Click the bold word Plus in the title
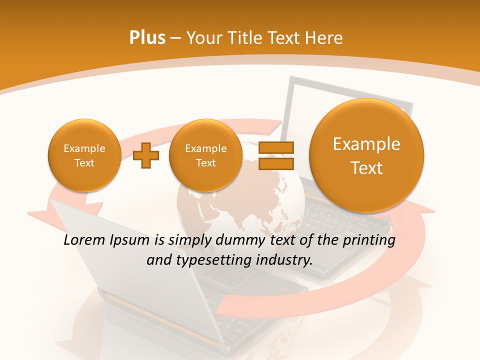click(x=147, y=37)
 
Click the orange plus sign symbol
click(x=146, y=155)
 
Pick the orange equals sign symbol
click(x=275, y=155)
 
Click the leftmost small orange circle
click(x=84, y=155)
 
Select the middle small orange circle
click(x=205, y=155)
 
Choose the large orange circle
click(x=366, y=155)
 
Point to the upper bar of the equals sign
click(x=275, y=148)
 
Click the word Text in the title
click(x=284, y=37)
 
